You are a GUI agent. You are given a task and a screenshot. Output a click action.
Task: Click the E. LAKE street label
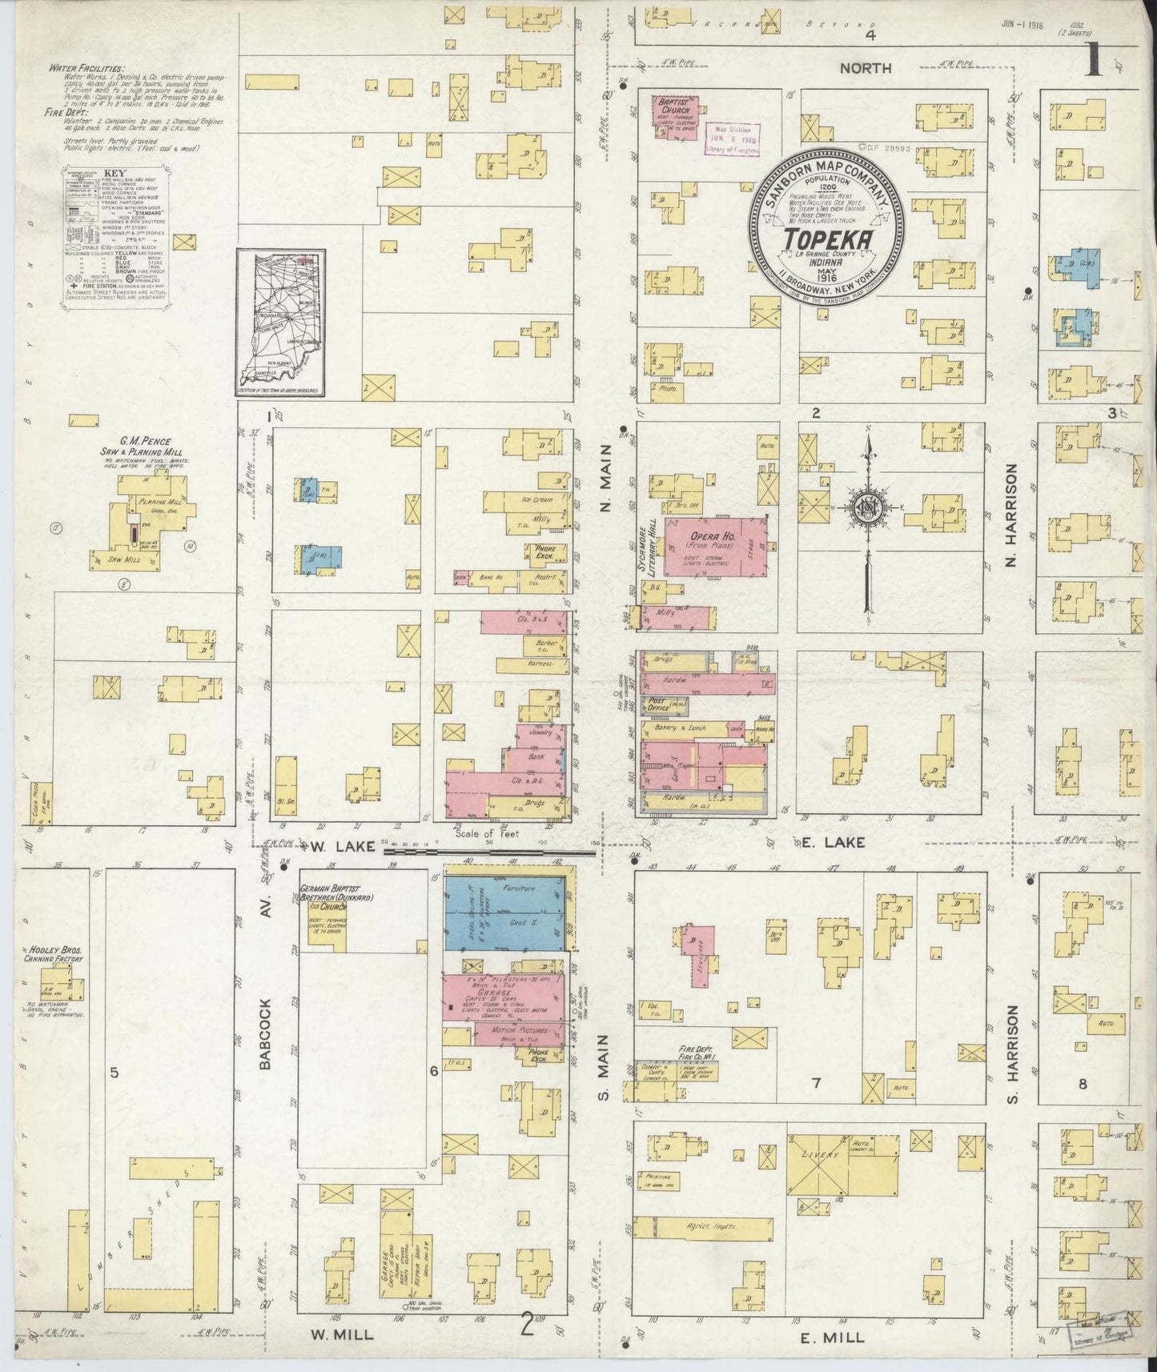(838, 841)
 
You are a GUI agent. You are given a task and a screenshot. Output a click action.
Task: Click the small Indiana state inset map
(279, 323)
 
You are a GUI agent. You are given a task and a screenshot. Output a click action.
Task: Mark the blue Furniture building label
(518, 889)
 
